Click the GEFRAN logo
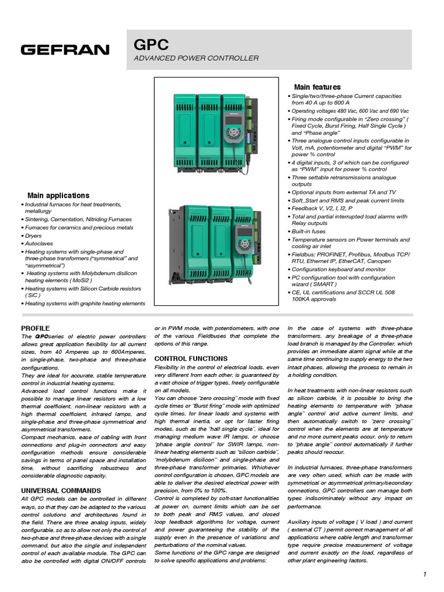[65, 50]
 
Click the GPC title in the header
[151, 45]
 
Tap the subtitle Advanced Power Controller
[196, 58]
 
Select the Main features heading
[317, 87]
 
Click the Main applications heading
[58, 195]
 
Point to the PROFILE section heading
[35, 328]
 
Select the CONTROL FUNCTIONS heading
[191, 358]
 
